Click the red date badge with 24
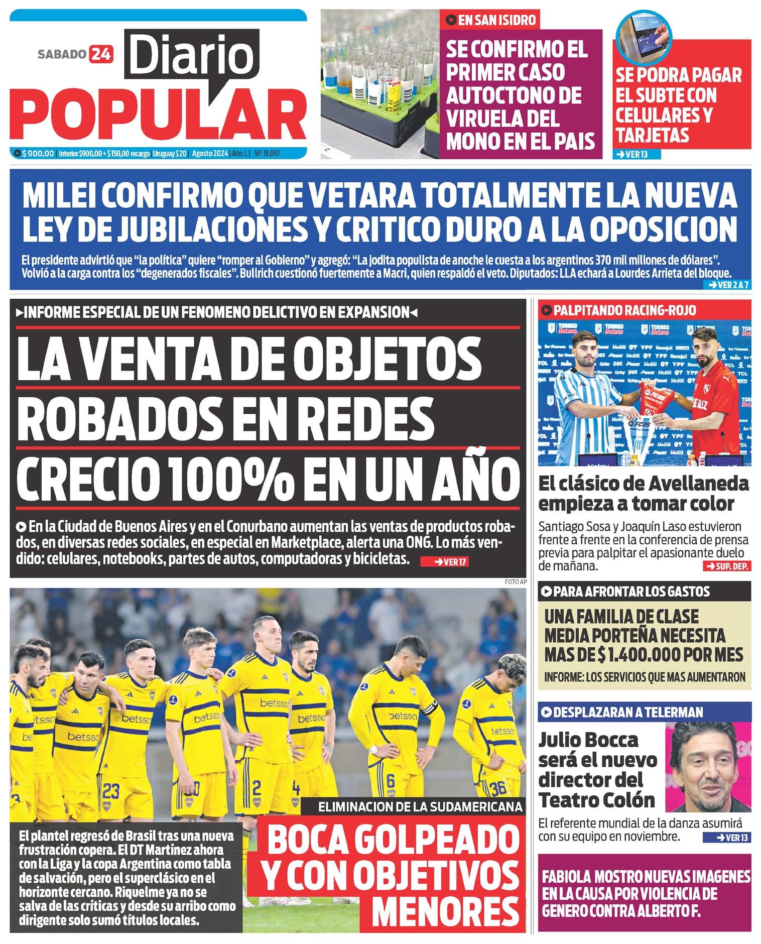pyautogui.click(x=101, y=54)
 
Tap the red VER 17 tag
pyautogui.click(x=445, y=562)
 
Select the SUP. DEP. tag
pyautogui.click(x=727, y=566)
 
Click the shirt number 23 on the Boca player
pyautogui.click(x=111, y=791)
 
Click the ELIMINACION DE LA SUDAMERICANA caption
pyautogui.click(x=420, y=807)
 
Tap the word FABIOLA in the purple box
pyautogui.click(x=566, y=877)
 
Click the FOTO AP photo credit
pyautogui.click(x=516, y=582)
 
